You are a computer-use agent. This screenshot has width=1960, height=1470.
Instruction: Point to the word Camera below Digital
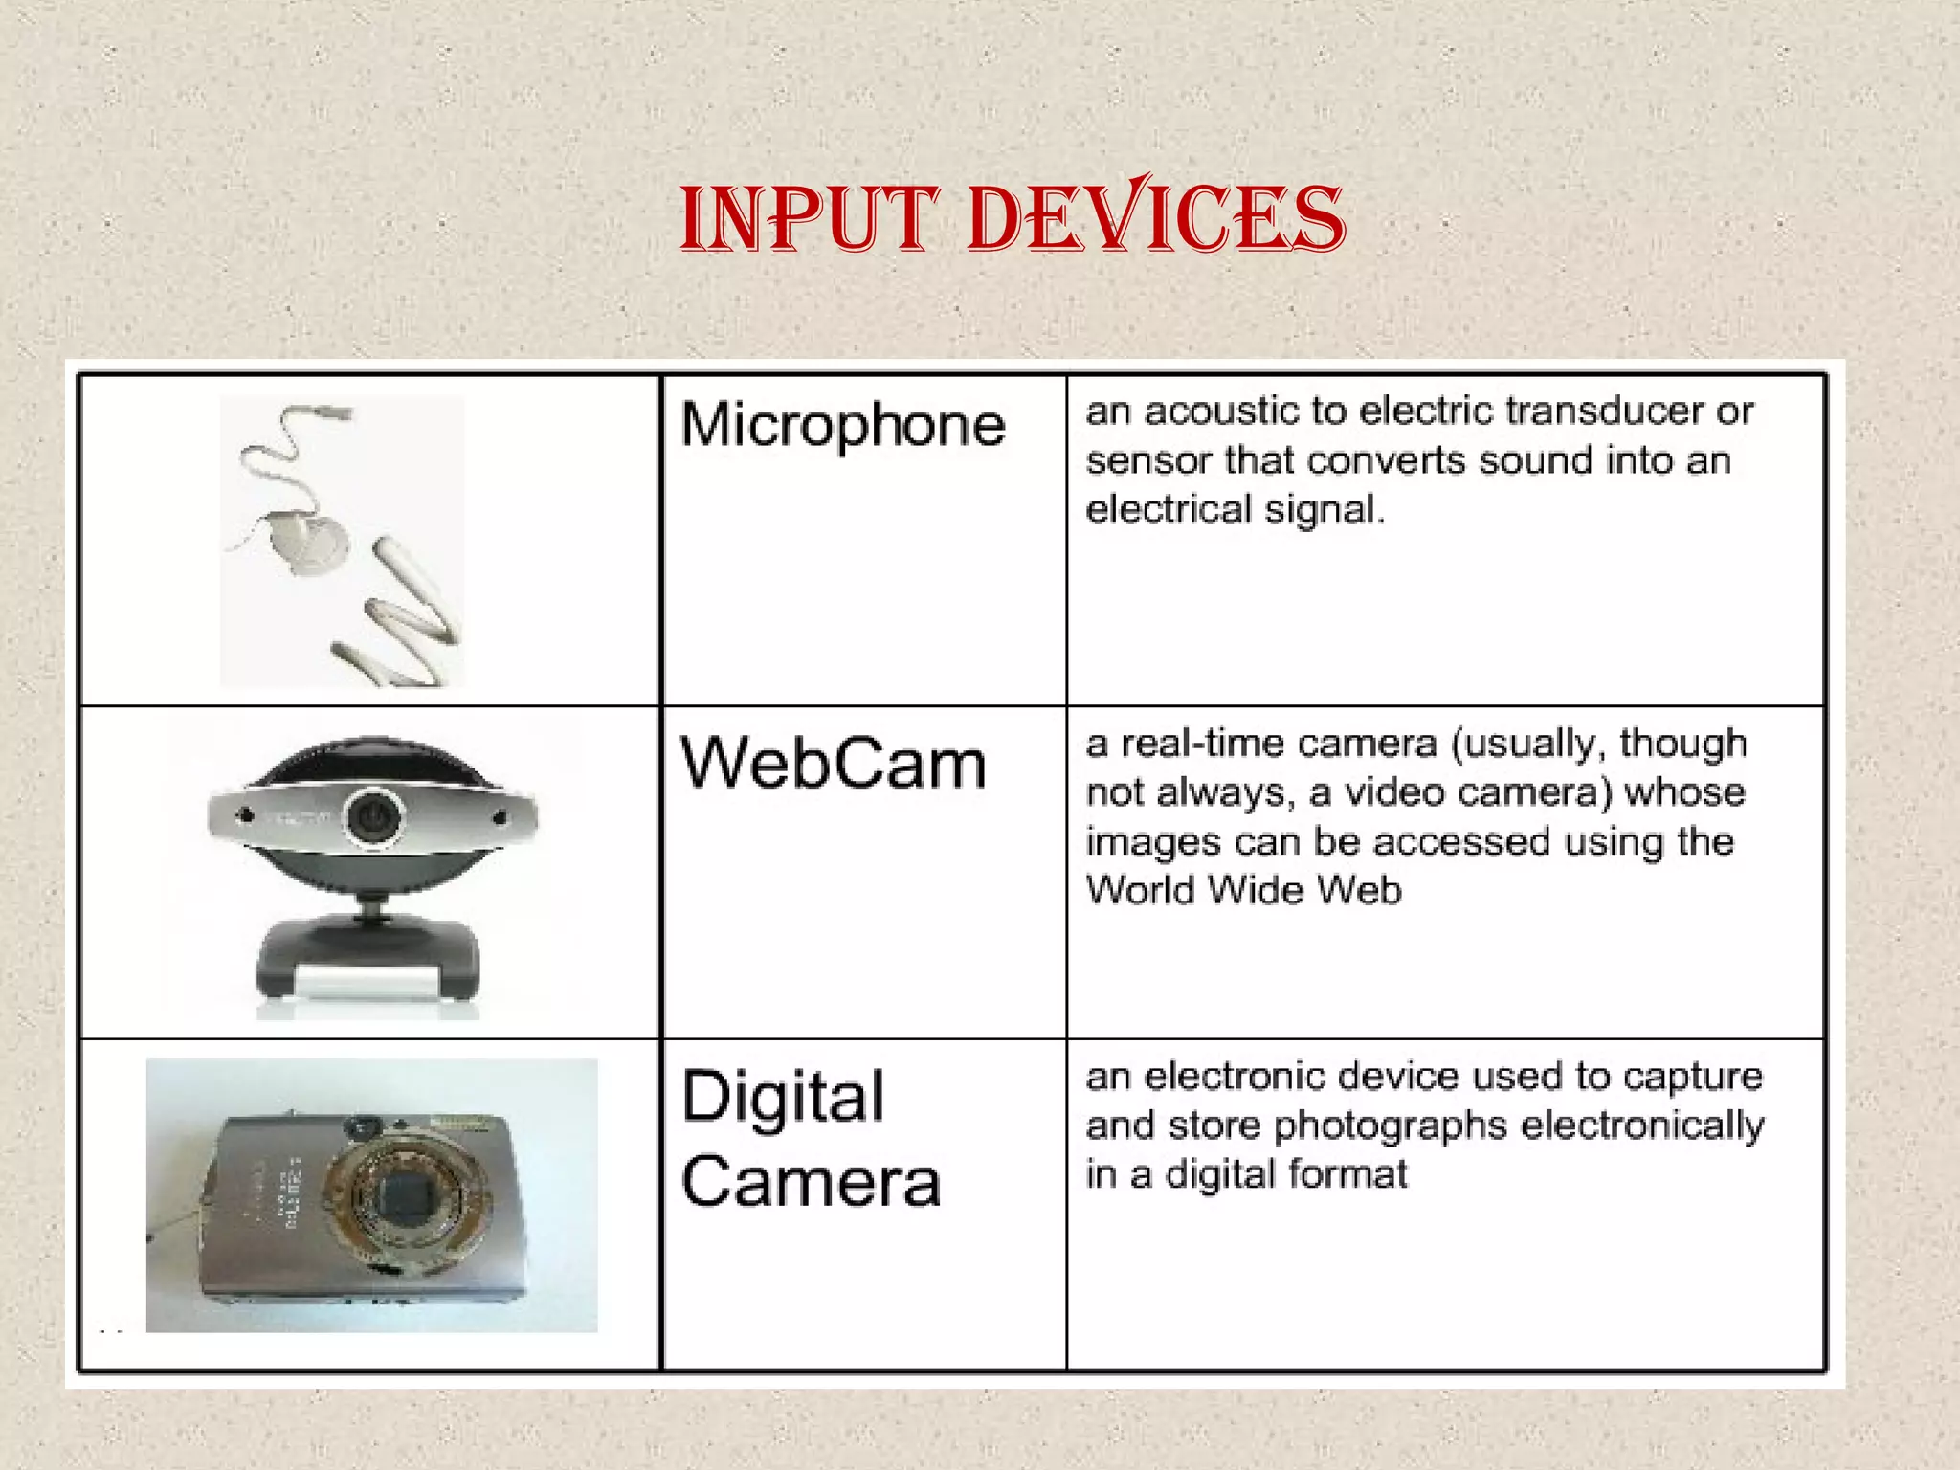click(812, 1181)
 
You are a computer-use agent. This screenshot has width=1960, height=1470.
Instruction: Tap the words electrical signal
click(1235, 509)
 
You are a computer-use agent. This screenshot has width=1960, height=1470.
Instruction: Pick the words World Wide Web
click(1244, 890)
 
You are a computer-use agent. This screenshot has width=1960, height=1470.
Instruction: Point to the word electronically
click(1641, 1126)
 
